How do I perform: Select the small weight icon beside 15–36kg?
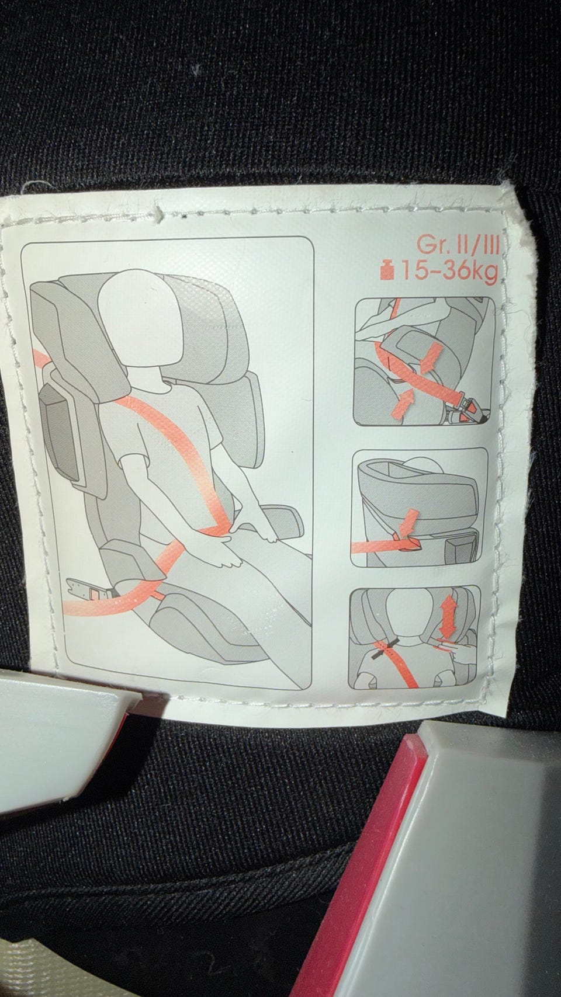pos(388,271)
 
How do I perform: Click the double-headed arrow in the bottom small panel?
pos(447,616)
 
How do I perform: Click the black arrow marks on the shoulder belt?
pos(385,648)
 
